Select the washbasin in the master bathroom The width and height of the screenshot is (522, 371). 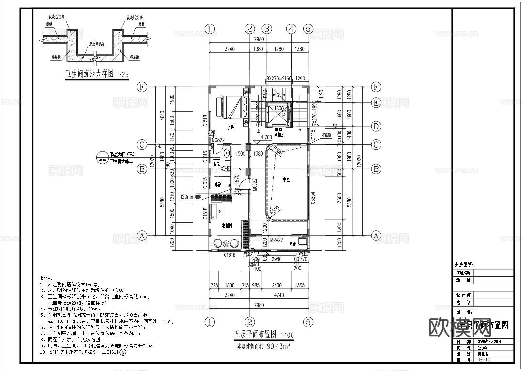click(226, 153)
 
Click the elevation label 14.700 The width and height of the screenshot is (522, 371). click(265, 138)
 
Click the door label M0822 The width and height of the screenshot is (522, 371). click(218, 140)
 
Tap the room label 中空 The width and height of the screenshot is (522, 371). click(286, 179)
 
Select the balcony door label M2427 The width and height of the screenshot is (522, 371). click(276, 240)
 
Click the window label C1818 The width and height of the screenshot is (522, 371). click(229, 255)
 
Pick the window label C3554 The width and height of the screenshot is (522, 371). click(313, 198)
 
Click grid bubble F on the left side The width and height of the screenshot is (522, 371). click(142, 87)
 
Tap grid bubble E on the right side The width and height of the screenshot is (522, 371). click(376, 103)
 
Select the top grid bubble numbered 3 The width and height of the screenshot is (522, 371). click(267, 29)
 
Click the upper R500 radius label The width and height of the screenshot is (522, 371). click(277, 150)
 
